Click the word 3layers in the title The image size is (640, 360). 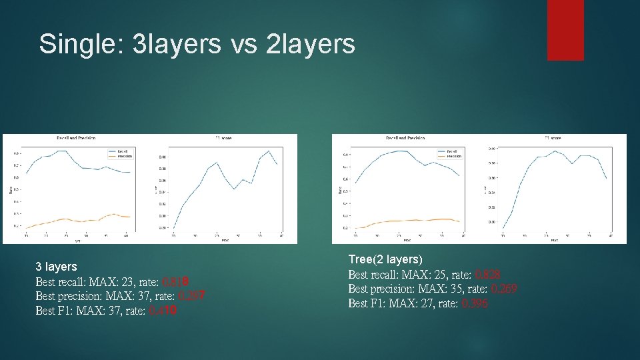tap(177, 44)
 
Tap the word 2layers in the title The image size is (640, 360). tap(310, 44)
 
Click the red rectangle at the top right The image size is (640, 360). tap(565, 30)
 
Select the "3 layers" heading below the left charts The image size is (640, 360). tap(56, 267)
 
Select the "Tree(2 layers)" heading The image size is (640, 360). tap(385, 259)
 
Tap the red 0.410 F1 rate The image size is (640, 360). tap(163, 311)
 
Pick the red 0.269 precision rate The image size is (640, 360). tap(503, 289)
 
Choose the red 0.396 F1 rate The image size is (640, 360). tap(474, 303)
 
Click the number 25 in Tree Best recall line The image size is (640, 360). tap(443, 274)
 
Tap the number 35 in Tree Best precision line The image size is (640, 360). tap(459, 289)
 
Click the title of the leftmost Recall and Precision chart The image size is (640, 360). tap(75, 138)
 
